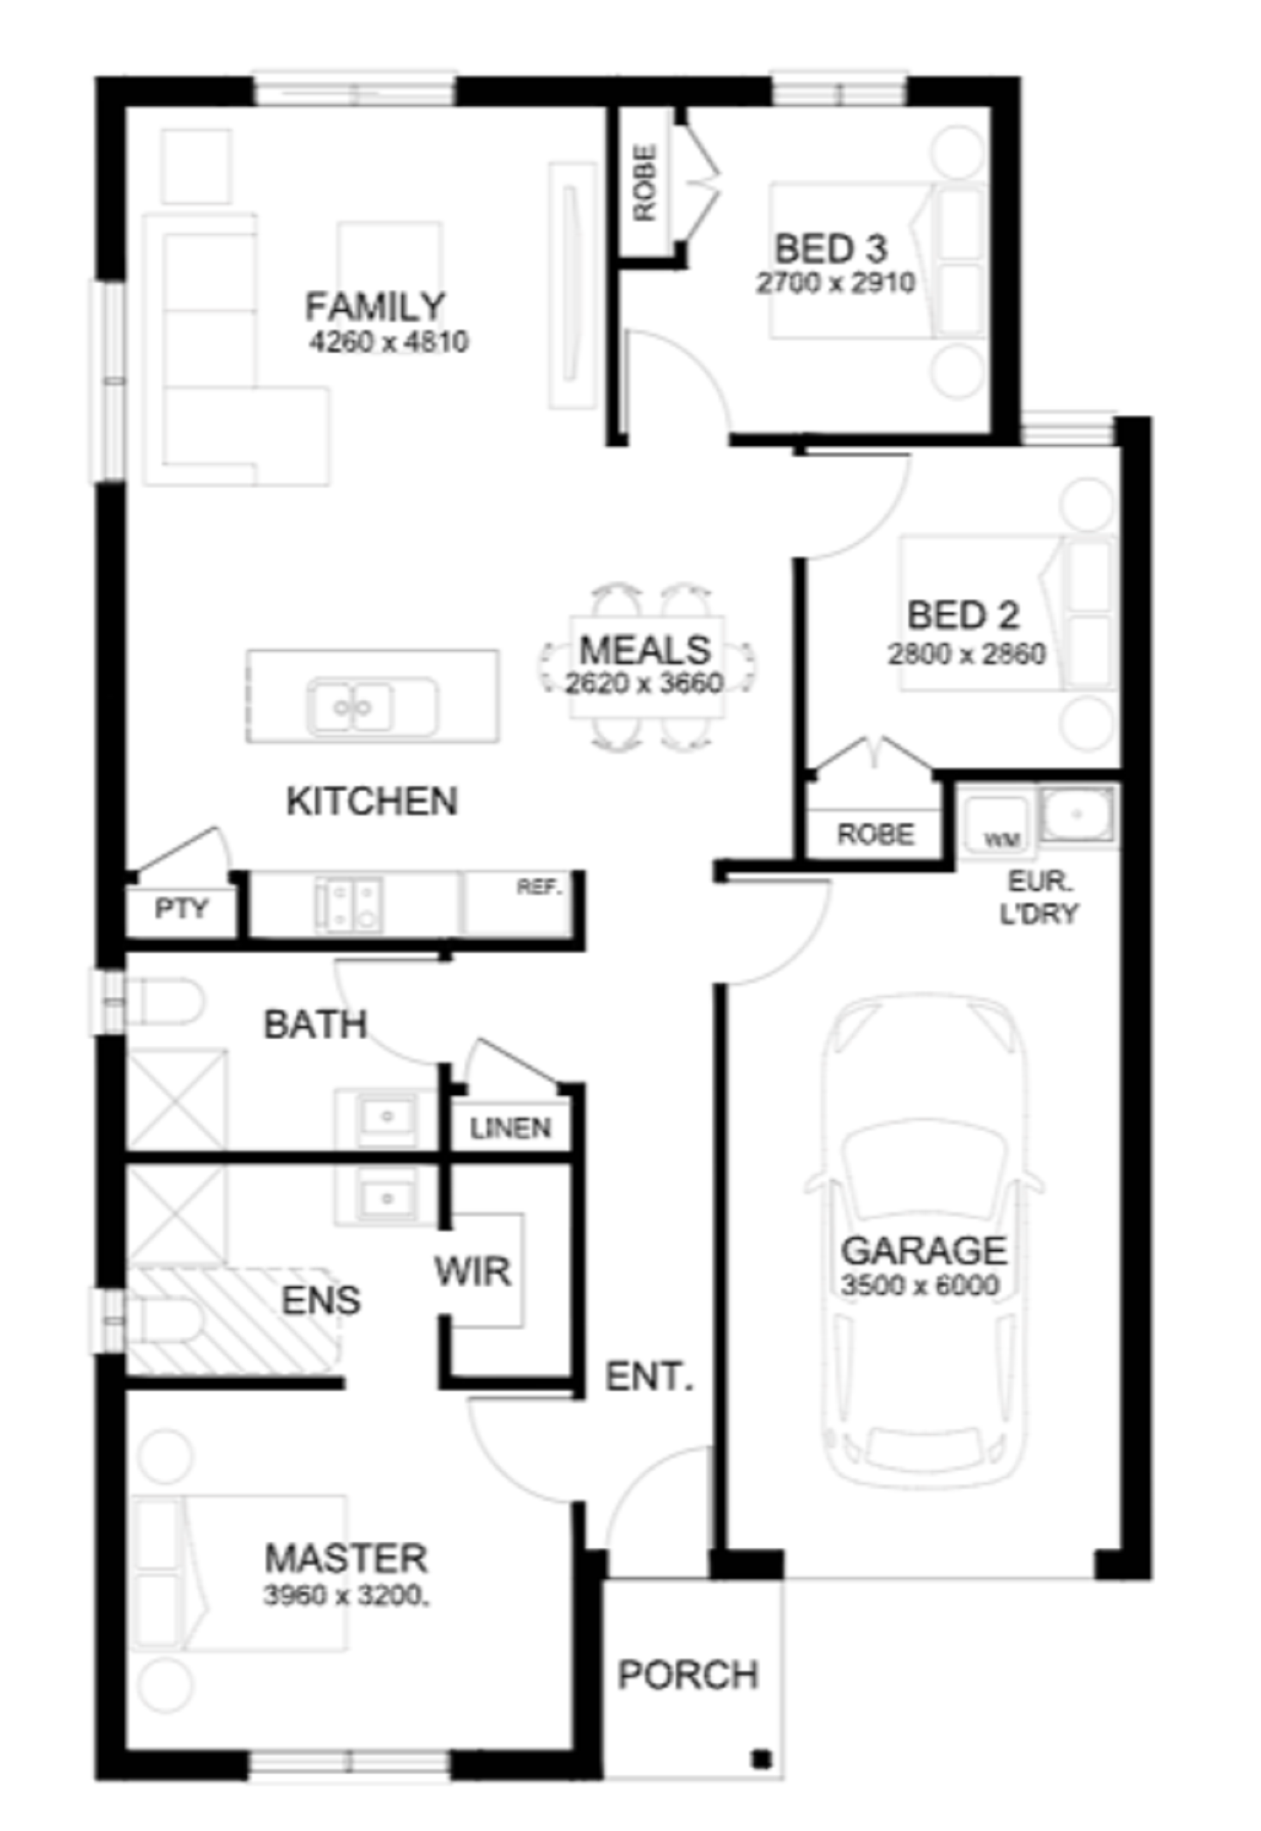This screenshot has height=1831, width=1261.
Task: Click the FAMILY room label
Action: pos(375,307)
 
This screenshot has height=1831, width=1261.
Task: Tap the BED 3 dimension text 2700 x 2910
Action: pos(836,283)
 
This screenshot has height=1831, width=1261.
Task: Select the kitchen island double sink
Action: pos(371,706)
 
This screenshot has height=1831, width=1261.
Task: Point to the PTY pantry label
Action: pos(182,908)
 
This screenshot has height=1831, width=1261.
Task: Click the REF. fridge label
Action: pos(539,887)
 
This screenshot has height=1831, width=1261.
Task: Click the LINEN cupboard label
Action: pos(511,1128)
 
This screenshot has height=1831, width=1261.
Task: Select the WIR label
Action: pos(473,1271)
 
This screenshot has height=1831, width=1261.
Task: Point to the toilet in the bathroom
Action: pos(165,1001)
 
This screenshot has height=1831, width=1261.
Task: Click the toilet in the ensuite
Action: pos(165,1319)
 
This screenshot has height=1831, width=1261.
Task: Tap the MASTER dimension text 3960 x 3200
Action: pos(347,1595)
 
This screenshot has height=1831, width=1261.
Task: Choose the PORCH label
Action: pos(688,1675)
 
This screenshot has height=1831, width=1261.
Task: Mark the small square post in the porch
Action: pos(761,1757)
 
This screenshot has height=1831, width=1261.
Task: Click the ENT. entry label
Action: pos(649,1377)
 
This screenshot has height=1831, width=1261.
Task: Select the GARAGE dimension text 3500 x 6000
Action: pos(919,1285)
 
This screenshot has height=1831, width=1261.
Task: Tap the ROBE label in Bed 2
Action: pos(876,834)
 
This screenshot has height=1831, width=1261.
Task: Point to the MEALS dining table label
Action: pos(645,650)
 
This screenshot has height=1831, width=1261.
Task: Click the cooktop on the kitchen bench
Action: pos(349,904)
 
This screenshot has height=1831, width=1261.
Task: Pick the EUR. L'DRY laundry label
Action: pos(1039,897)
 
